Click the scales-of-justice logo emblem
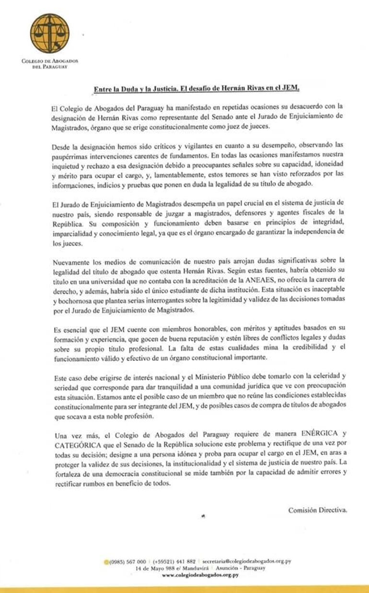(x=49, y=33)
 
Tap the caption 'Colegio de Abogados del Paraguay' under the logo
(x=49, y=63)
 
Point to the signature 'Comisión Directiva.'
(x=317, y=510)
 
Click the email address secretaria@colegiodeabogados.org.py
(x=247, y=561)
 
